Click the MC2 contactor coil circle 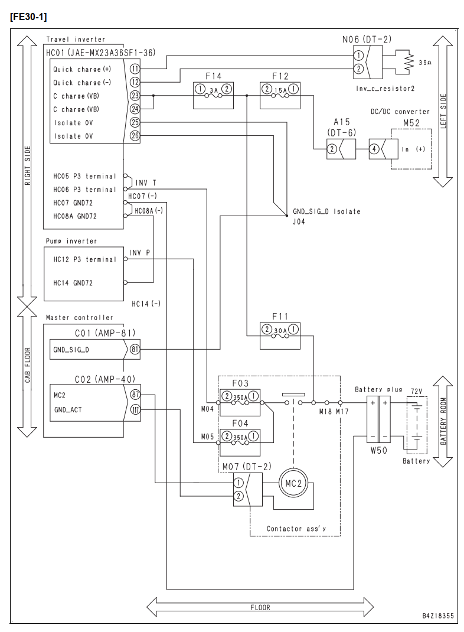[x=293, y=483]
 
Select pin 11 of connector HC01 [x=135, y=69]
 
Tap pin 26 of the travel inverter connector [x=135, y=136]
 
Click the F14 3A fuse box [x=213, y=96]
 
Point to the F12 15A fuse [x=280, y=96]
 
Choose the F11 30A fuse [x=280, y=335]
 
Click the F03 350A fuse [x=240, y=402]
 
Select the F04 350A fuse [x=240, y=442]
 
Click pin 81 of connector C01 [x=135, y=349]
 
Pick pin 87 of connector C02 [x=135, y=395]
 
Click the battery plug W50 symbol [x=378, y=419]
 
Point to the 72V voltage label [x=416, y=392]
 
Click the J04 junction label [x=299, y=221]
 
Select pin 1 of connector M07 [x=238, y=483]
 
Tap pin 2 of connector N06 [x=358, y=69]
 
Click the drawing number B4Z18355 [x=438, y=616]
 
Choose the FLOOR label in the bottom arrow [x=260, y=607]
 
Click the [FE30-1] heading [x=28, y=17]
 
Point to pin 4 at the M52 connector [x=374, y=149]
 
